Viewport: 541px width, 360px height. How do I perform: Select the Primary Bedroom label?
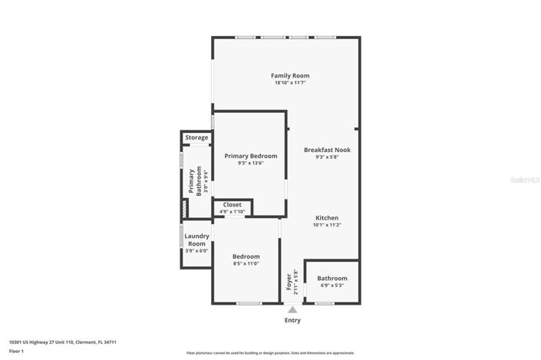(x=246, y=155)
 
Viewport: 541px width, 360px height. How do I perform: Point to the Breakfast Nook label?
(x=327, y=150)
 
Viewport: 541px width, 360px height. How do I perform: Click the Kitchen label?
(x=326, y=217)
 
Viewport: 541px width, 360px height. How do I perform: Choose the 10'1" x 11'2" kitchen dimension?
(x=326, y=225)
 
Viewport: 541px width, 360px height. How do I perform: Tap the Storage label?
(x=196, y=137)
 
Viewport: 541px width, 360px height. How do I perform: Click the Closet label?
(x=232, y=204)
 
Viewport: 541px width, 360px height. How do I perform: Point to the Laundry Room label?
(x=196, y=239)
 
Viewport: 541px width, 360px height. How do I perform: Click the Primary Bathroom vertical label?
(x=193, y=182)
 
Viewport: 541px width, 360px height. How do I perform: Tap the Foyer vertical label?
(x=289, y=283)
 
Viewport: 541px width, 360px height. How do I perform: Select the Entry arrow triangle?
(x=292, y=309)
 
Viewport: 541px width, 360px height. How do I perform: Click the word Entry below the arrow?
(x=292, y=320)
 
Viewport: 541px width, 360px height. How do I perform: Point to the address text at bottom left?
(x=62, y=342)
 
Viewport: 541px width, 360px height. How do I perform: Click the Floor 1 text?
(x=17, y=351)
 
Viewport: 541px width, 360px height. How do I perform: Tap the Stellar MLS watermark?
(x=525, y=179)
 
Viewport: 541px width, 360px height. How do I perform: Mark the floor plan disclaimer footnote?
(x=270, y=353)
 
